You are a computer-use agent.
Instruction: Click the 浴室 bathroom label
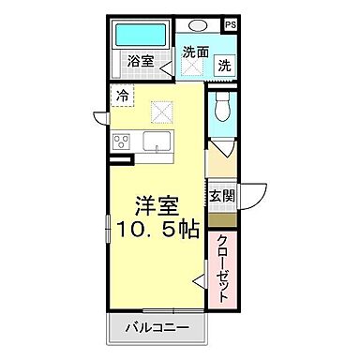tap(142, 64)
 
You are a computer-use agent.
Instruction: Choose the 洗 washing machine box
tap(224, 66)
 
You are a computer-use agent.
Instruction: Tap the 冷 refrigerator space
tap(123, 94)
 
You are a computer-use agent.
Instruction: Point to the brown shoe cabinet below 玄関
tap(221, 219)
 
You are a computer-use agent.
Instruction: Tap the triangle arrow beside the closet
tap(200, 278)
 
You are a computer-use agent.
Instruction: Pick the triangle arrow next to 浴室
tap(166, 65)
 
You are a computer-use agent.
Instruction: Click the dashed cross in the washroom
tap(194, 69)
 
